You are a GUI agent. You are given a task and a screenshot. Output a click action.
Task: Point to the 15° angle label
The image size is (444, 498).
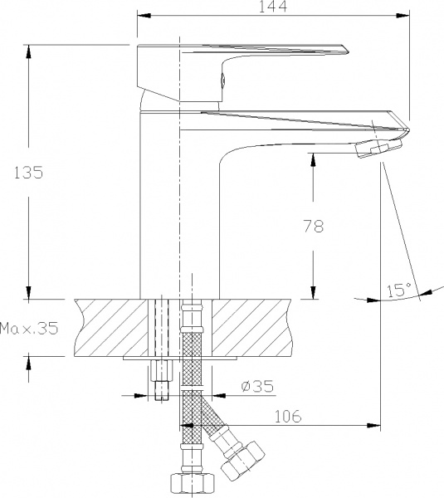click(x=399, y=290)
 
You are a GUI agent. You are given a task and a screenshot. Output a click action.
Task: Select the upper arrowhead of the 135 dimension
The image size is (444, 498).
click(x=30, y=48)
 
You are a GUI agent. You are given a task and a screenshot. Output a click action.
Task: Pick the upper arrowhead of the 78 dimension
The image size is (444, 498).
click(x=314, y=159)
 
